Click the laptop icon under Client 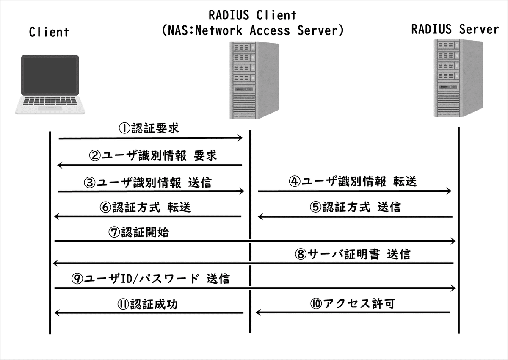pos(50,84)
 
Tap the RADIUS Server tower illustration pos(459,78)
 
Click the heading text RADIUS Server pos(455,30)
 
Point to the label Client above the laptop pos(49,32)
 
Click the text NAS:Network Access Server pos(253,30)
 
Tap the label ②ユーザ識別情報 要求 pos(153,155)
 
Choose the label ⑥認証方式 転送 pos(146,208)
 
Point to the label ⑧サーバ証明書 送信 pos(352,254)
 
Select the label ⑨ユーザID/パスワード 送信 pos(151,279)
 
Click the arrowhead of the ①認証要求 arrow pos(240,138)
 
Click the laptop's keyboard pos(50,102)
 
